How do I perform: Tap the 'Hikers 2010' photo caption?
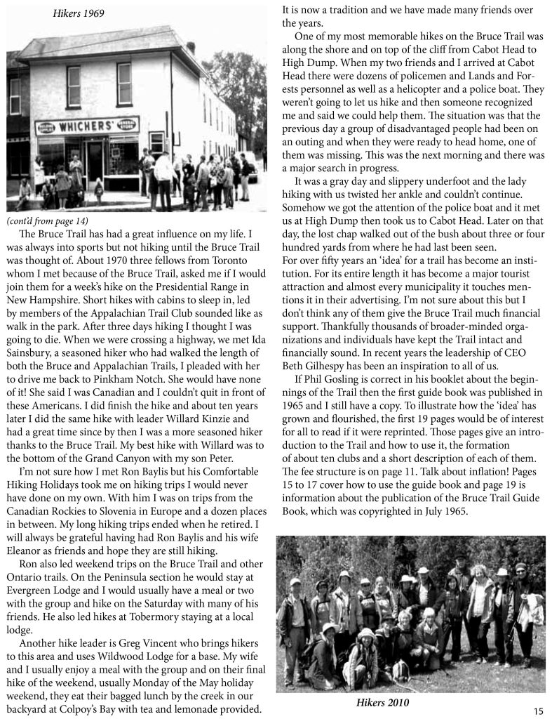click(x=381, y=701)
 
